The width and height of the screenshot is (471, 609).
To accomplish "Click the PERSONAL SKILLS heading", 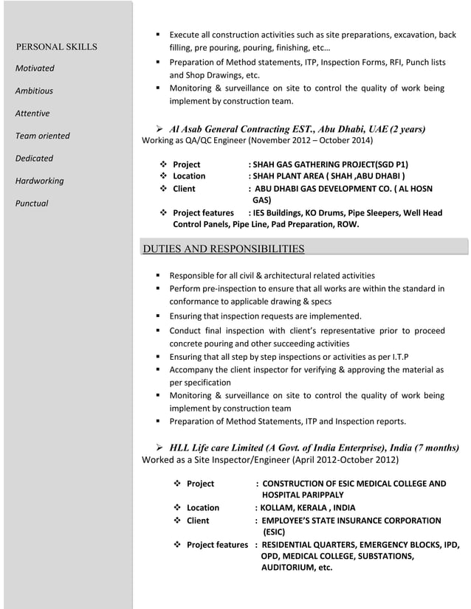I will (x=57, y=47).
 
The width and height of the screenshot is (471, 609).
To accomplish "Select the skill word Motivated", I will (x=35, y=69).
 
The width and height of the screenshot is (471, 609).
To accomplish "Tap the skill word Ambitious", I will (x=35, y=91).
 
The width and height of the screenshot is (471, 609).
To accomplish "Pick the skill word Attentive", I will (x=33, y=114).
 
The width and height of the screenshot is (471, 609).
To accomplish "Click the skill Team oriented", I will (x=43, y=136).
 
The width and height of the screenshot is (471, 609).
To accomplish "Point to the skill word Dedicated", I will (x=35, y=159).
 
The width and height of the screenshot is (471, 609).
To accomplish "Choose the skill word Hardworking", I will (x=40, y=181).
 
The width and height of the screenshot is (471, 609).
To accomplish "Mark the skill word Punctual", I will (x=32, y=203).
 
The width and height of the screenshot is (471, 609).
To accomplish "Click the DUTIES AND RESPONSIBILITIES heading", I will (x=222, y=248).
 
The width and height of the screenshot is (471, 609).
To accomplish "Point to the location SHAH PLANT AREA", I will (x=291, y=176).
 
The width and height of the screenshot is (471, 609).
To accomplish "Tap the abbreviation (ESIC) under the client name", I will (x=274, y=532).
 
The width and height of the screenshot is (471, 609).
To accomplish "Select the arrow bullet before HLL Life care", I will (x=159, y=448).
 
